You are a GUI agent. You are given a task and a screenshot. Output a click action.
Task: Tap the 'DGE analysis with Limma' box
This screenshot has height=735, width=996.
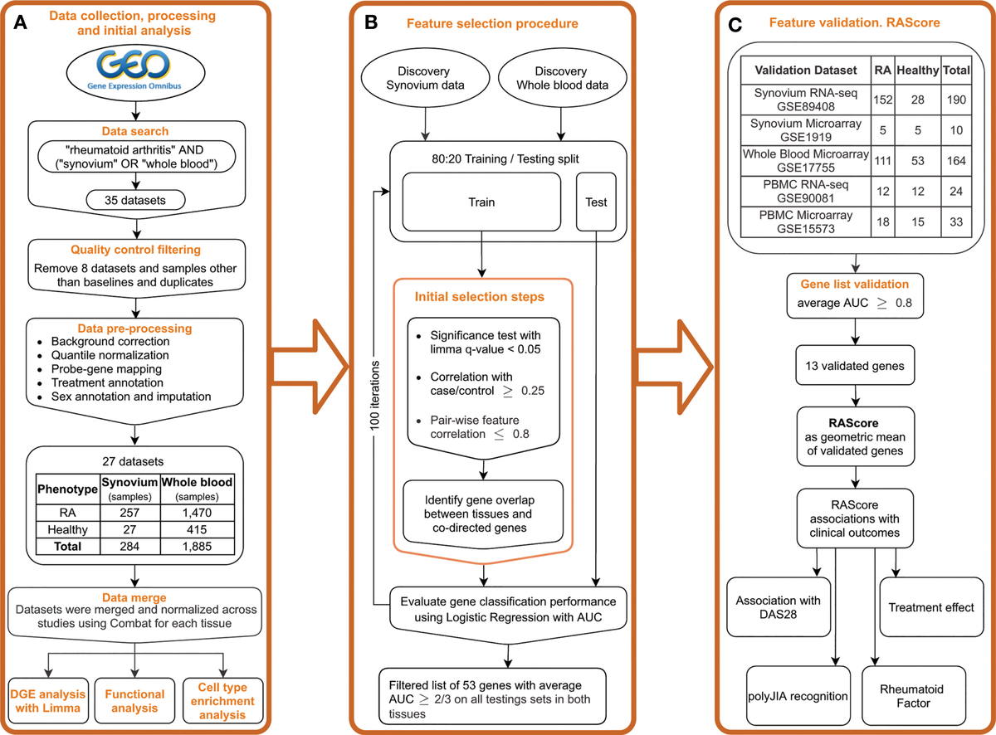tap(51, 701)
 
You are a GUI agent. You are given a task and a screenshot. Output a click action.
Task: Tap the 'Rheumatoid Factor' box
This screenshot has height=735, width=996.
tap(911, 694)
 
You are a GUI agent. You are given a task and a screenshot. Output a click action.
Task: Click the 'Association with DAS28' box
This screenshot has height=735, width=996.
tap(777, 607)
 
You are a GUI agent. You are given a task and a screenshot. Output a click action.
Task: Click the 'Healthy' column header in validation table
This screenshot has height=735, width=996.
tap(915, 71)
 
